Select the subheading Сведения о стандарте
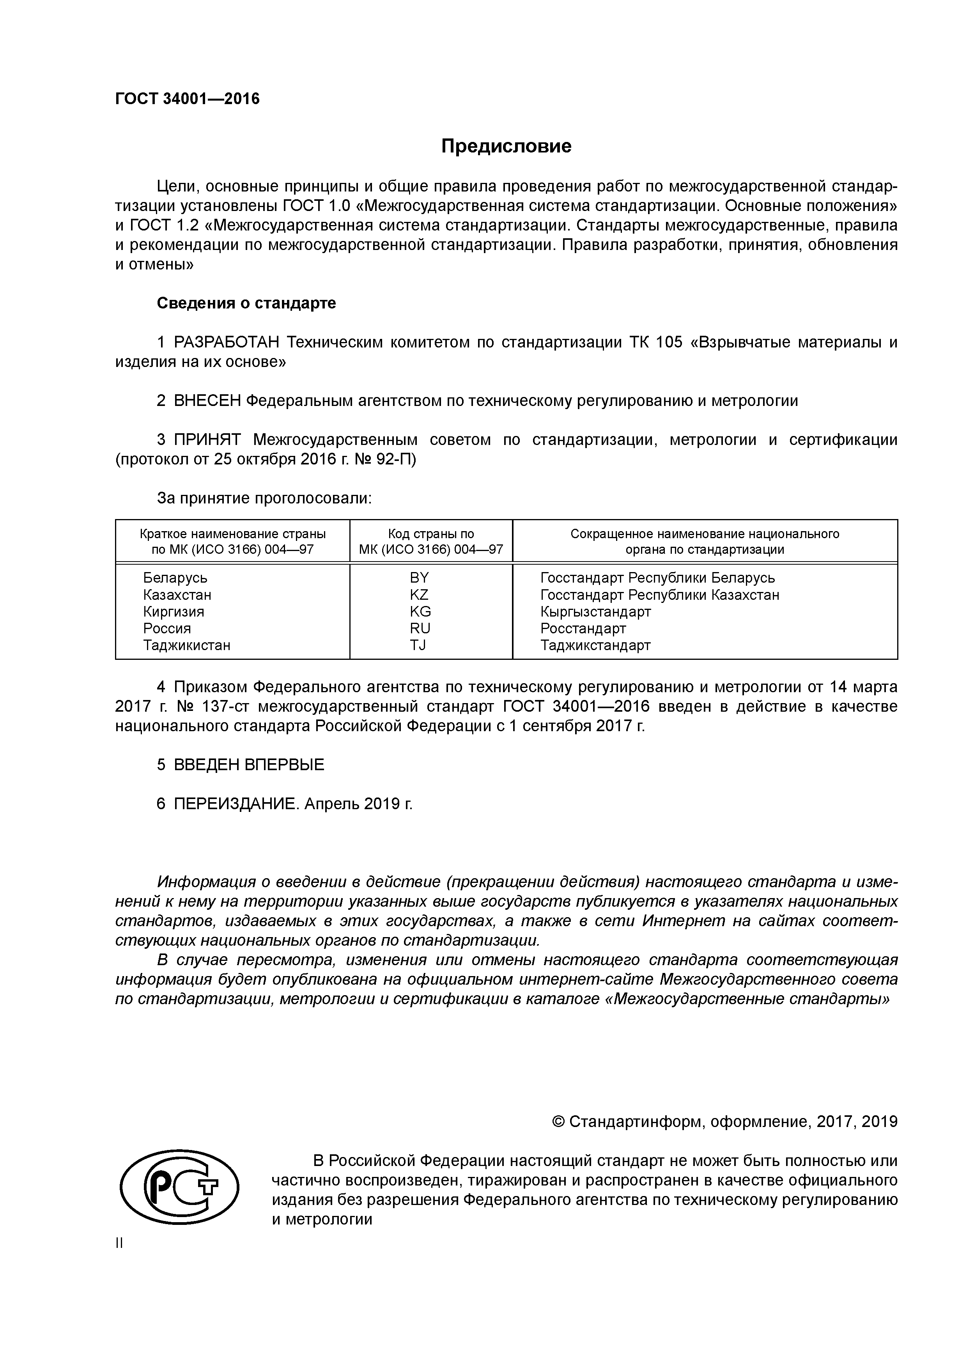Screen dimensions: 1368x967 click(246, 303)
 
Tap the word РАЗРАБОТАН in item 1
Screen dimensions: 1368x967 click(227, 343)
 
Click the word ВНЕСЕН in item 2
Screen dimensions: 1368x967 click(207, 401)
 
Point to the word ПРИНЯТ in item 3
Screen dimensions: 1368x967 click(207, 440)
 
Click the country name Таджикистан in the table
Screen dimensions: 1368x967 click(186, 645)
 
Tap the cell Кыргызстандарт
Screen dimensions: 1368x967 click(595, 611)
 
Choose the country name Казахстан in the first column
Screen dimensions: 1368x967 click(177, 595)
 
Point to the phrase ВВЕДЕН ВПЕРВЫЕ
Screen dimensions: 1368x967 click(249, 765)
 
